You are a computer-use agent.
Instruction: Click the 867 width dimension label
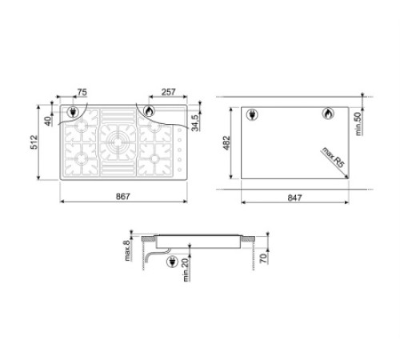coord(123,197)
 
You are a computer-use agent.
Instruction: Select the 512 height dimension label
coord(35,142)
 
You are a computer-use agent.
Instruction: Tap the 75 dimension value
coord(82,92)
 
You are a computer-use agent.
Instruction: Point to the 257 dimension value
coord(169,92)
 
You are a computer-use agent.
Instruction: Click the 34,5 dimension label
coord(196,123)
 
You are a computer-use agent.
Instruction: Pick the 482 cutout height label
coord(226,143)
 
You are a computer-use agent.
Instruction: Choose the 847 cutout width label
coord(294,198)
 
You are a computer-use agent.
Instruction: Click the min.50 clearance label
coord(358,124)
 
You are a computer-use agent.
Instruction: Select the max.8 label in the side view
coord(127,250)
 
